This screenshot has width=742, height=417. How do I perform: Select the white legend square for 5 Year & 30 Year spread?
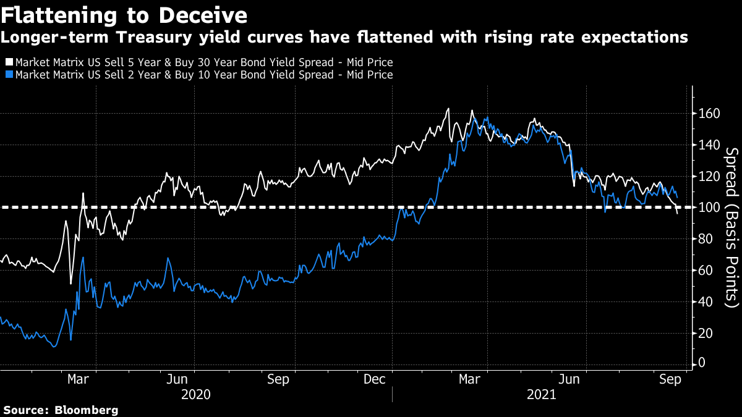[x=9, y=62]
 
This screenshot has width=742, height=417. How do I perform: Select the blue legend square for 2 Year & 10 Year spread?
[x=9, y=75]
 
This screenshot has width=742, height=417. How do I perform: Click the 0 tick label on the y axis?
[x=702, y=364]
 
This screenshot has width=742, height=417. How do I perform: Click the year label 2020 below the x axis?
[x=196, y=394]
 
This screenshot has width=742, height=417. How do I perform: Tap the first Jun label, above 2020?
[x=177, y=379]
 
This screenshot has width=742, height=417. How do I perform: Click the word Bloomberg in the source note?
[x=87, y=410]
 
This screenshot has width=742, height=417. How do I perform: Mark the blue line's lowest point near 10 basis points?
[x=54, y=347]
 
